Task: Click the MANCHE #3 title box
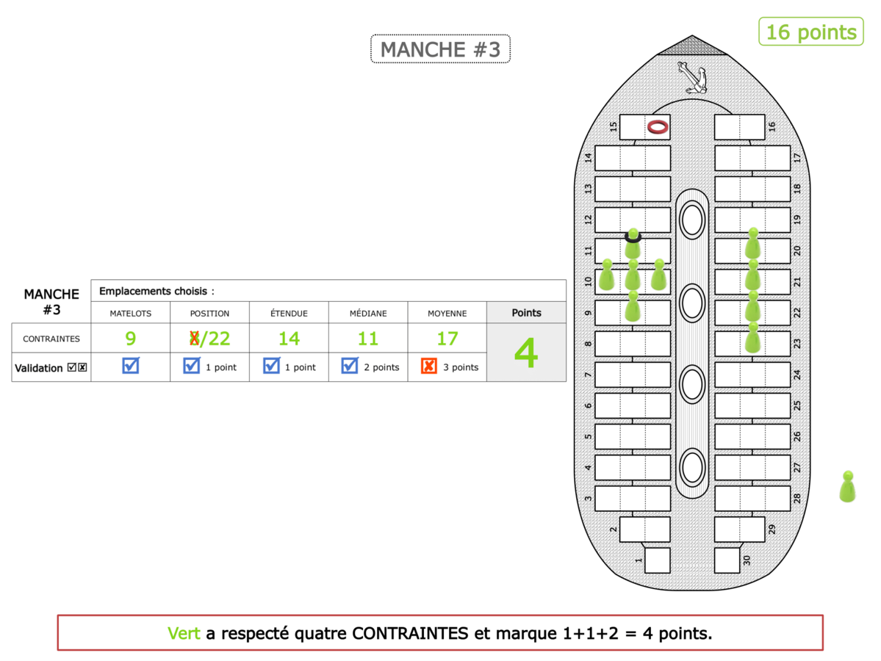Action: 440,49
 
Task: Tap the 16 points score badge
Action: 810,32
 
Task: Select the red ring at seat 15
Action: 658,127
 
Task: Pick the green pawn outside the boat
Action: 847,487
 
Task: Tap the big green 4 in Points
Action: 526,353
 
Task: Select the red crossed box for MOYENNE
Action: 429,366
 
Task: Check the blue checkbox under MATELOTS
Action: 131,366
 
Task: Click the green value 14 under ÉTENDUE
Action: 289,339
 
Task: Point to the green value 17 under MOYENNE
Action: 447,339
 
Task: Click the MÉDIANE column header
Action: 367,313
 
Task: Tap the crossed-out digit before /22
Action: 195,339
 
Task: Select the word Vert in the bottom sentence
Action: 184,633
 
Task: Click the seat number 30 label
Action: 747,561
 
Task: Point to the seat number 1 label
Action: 639,561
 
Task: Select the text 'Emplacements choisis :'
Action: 157,291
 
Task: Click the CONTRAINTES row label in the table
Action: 51,339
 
